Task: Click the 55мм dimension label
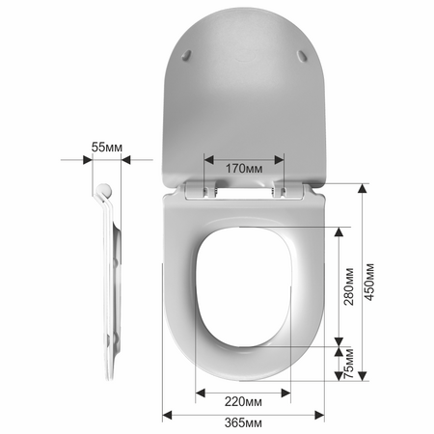point(107,148)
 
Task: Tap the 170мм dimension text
point(244,168)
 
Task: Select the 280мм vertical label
point(349,286)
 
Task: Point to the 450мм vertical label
point(369,282)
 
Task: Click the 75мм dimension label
point(349,364)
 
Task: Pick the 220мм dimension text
point(243,401)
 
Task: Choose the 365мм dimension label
point(243,422)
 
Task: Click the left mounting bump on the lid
point(186,55)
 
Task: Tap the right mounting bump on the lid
point(302,55)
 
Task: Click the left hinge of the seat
point(210,190)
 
